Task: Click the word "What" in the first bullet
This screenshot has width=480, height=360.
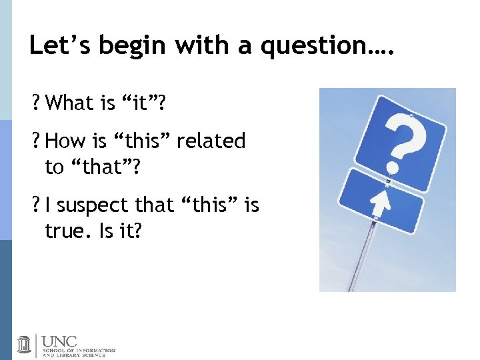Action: pyautogui.click(x=71, y=103)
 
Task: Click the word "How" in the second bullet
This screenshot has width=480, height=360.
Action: pyautogui.click(x=63, y=141)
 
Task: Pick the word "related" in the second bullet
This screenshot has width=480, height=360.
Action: pyautogui.click(x=211, y=141)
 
